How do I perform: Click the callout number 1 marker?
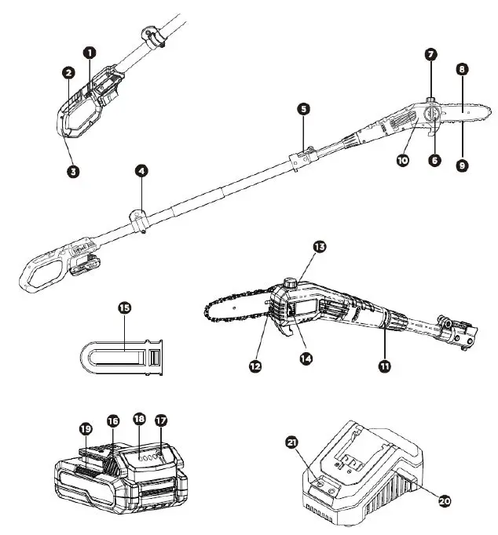coord(90,52)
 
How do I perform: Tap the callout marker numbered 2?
coord(68,72)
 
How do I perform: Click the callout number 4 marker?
coord(141,168)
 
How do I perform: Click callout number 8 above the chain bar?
coord(463,69)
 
